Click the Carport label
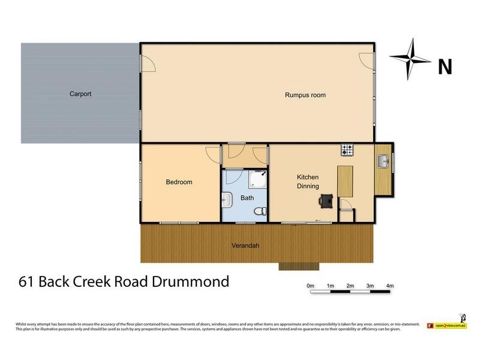[x=80, y=94]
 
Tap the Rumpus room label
[x=305, y=95]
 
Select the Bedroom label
[x=179, y=182]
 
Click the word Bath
[x=247, y=197]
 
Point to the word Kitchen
[x=308, y=178]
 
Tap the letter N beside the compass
[x=445, y=67]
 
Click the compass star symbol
[x=410, y=59]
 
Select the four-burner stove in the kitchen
[x=347, y=149]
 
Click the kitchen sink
[x=383, y=160]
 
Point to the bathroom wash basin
[x=227, y=199]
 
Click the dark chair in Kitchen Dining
[x=326, y=200]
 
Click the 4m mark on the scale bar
[x=389, y=286]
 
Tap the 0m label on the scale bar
[x=310, y=286]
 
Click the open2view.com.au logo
[x=446, y=325]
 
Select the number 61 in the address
[x=26, y=281]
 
